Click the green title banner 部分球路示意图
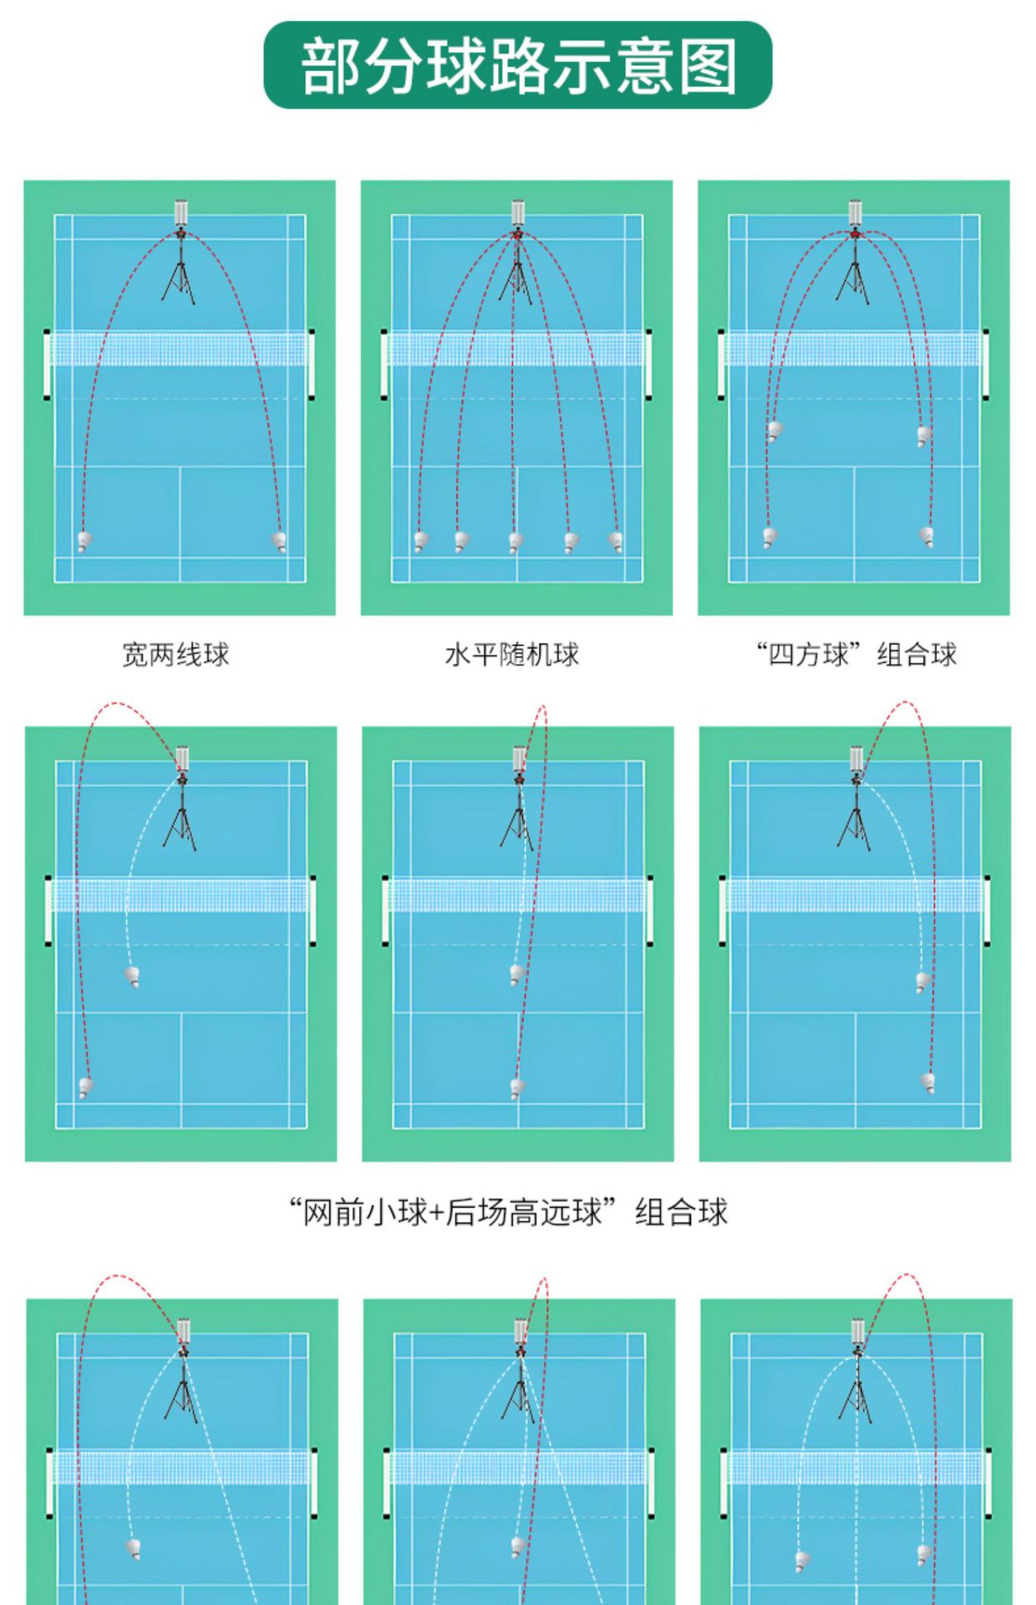[517, 65]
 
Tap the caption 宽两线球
[175, 654]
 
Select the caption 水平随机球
[511, 654]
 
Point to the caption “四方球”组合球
[856, 654]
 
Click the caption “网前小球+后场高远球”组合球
[508, 1211]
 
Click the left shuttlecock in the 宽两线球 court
[84, 542]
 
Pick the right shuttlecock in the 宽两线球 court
[280, 541]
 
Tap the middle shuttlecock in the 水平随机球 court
[515, 543]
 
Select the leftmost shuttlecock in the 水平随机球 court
[420, 542]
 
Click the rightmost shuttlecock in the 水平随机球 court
[616, 542]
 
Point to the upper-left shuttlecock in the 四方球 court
[774, 431]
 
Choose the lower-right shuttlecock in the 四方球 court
[927, 535]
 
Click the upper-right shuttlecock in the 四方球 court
[923, 436]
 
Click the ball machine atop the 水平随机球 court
[518, 213]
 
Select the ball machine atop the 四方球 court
[855, 213]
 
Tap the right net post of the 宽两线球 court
[312, 364]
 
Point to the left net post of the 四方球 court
[721, 364]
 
